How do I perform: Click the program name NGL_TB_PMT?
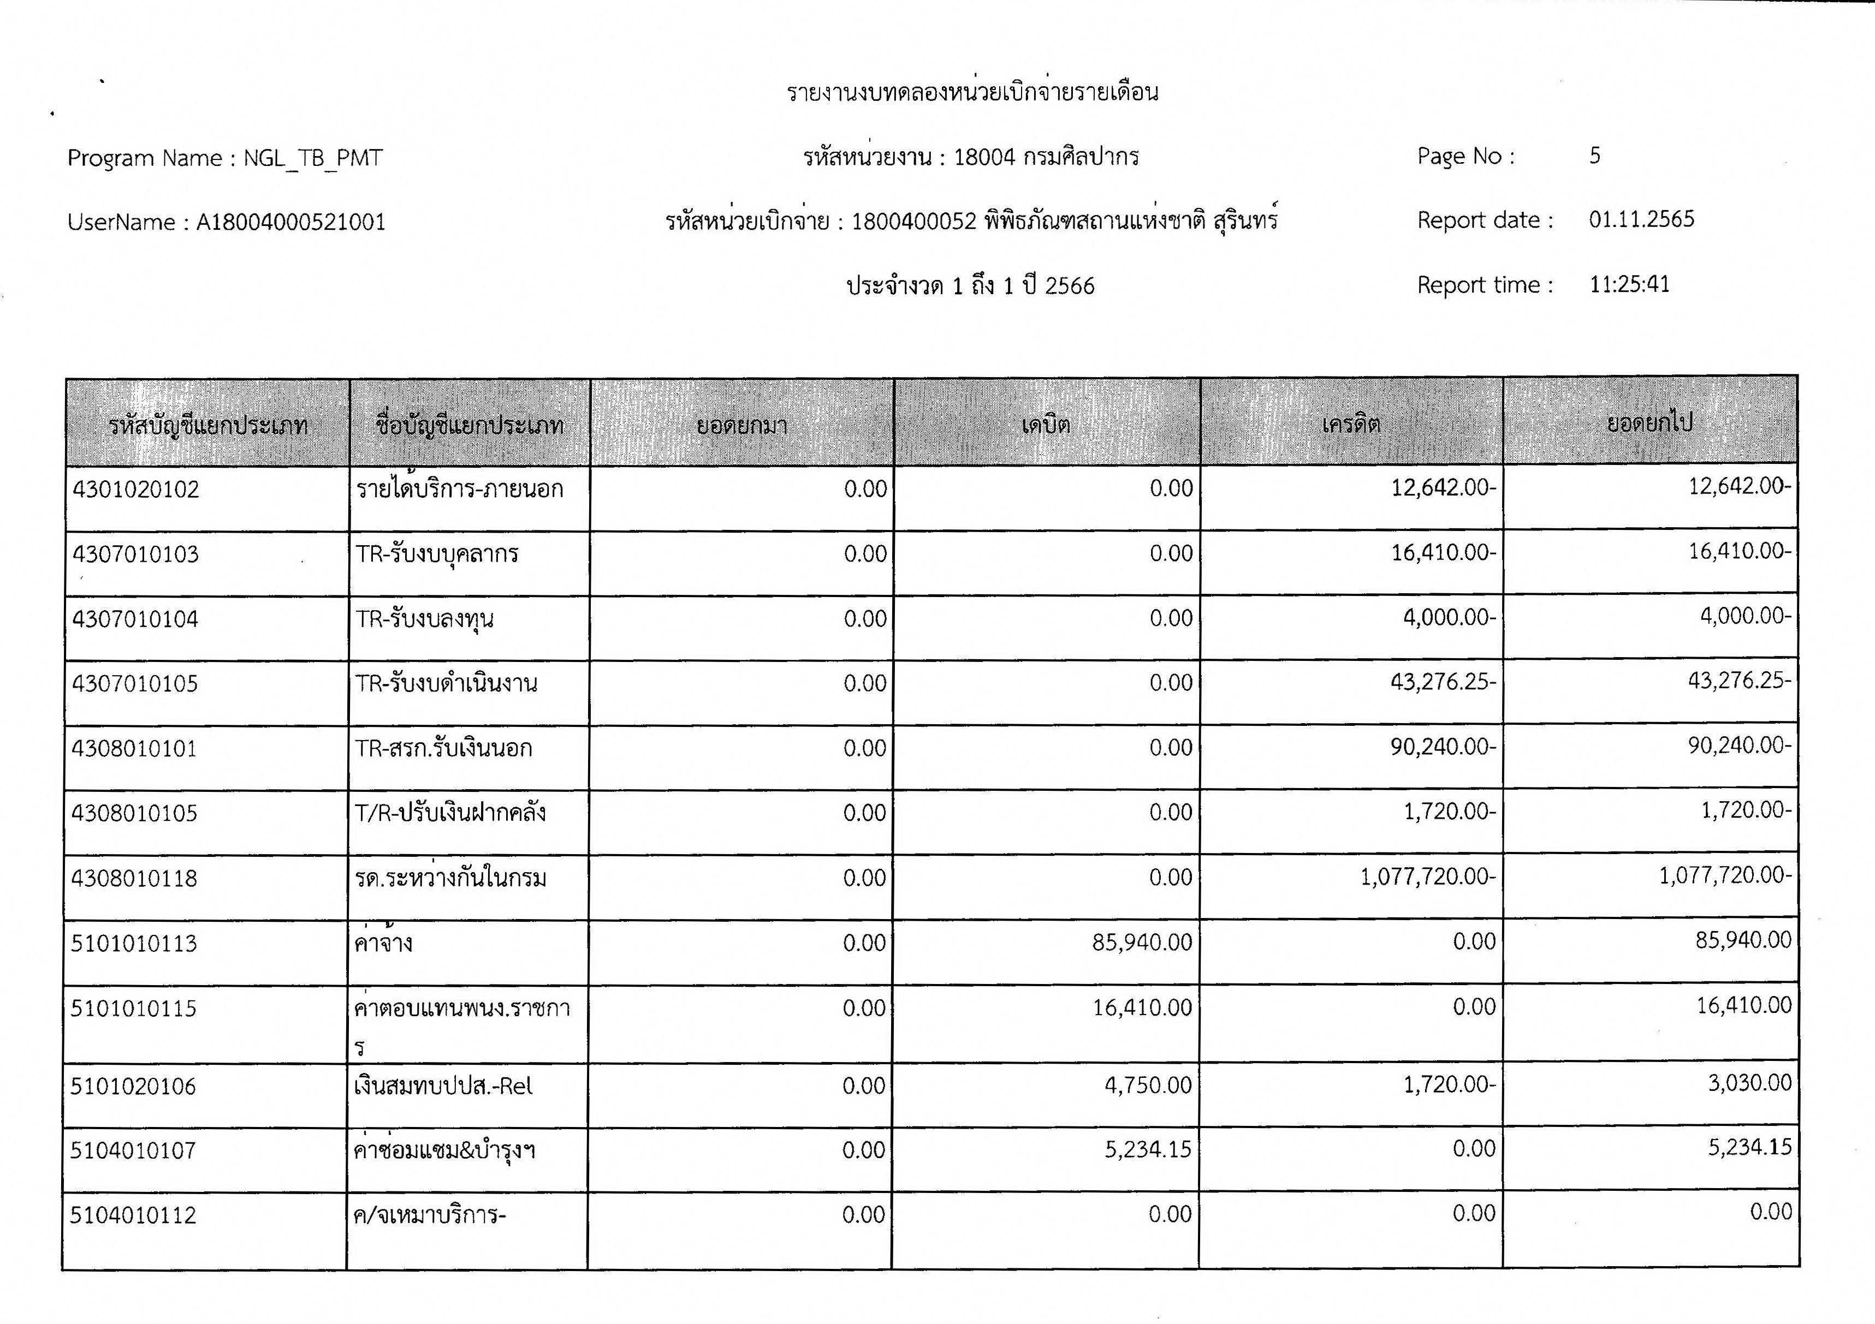313,158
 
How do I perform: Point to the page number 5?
1594,156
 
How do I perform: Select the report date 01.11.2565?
1641,219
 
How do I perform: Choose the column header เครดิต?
1351,424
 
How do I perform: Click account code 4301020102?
135,489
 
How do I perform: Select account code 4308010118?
134,878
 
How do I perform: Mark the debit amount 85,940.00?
1142,943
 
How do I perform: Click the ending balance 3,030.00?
1749,1083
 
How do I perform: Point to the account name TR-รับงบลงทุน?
425,619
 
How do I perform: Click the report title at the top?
972,92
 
